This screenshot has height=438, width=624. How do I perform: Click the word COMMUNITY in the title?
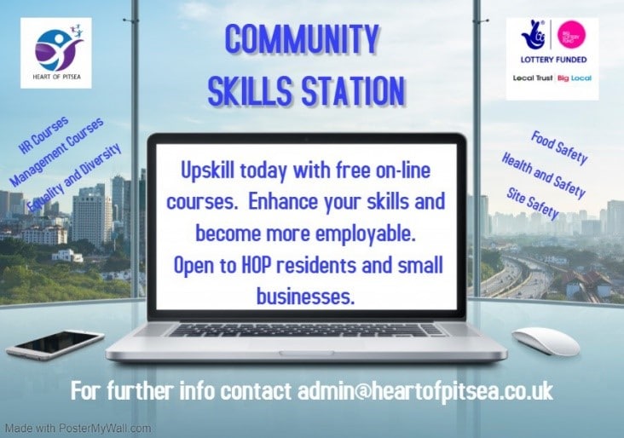(x=301, y=40)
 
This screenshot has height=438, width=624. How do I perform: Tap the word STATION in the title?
(x=353, y=91)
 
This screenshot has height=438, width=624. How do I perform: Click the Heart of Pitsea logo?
(x=56, y=53)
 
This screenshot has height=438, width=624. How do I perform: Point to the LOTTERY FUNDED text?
(x=553, y=60)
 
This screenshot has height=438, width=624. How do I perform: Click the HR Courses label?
(x=44, y=135)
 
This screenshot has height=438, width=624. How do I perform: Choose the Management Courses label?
(x=56, y=152)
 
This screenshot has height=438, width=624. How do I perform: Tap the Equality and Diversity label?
(x=74, y=177)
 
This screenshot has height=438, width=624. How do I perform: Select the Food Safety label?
(x=559, y=147)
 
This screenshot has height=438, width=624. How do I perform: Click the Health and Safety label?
(x=543, y=175)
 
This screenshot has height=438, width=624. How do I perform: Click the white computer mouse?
(x=546, y=341)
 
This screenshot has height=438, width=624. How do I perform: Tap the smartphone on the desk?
(x=55, y=344)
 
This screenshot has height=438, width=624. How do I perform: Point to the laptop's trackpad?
(x=306, y=345)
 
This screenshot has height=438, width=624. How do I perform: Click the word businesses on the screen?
(x=305, y=297)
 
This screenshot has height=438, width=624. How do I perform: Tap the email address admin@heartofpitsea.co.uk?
(x=425, y=391)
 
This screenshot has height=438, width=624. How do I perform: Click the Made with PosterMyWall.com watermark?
(x=78, y=429)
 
